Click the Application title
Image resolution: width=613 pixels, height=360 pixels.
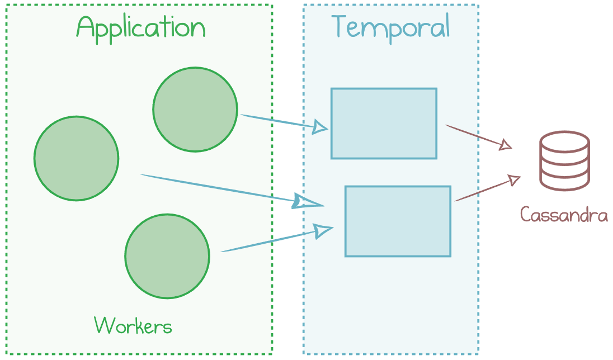[x=141, y=29]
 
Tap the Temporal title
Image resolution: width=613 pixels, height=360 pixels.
[x=391, y=27]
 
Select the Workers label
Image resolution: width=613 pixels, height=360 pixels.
[x=133, y=325]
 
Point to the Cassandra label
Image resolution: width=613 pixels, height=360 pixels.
[x=564, y=215]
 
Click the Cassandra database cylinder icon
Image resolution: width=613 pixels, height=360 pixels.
[x=564, y=160]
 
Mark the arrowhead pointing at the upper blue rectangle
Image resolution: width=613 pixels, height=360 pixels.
[x=320, y=127]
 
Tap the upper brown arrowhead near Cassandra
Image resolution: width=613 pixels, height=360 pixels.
[x=506, y=145]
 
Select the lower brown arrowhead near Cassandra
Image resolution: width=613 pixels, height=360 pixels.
[x=514, y=180]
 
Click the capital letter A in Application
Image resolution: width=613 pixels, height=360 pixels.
[x=86, y=27]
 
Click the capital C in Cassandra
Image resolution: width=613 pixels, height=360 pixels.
[x=525, y=215]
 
